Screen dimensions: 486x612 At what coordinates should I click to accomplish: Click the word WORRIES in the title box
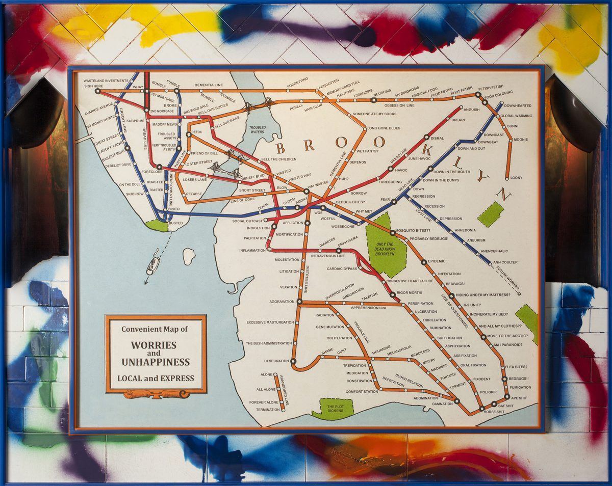click(x=154, y=345)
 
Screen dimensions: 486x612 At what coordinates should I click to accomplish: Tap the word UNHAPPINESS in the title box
click(x=155, y=362)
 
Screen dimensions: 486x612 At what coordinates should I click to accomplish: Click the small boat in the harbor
click(x=153, y=264)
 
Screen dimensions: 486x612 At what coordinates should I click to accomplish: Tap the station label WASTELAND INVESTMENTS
click(x=106, y=80)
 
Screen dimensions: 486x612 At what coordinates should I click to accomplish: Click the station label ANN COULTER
click(x=505, y=262)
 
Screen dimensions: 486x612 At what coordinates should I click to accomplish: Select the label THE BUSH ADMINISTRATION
click(x=269, y=343)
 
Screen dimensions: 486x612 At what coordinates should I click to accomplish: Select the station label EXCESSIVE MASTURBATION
click(x=270, y=322)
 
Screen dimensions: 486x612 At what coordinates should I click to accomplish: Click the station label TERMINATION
click(x=268, y=410)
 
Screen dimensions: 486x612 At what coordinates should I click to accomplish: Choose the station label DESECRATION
click(x=276, y=361)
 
